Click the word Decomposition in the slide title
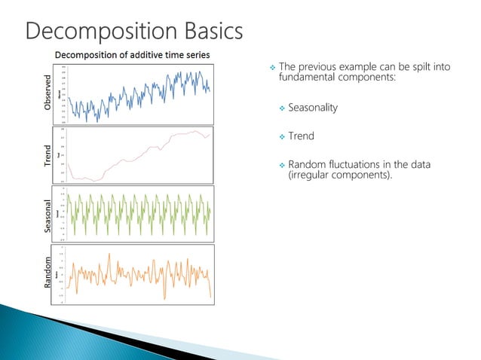[96, 31]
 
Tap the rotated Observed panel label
[49, 94]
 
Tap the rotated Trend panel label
[49, 155]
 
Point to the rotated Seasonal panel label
[49, 214]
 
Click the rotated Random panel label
[49, 273]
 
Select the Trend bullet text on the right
[301, 136]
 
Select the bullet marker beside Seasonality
[282, 108]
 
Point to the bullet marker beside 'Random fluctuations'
[282, 165]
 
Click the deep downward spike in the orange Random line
[210, 297]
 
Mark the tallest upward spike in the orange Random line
[109, 255]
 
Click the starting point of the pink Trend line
[69, 163]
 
